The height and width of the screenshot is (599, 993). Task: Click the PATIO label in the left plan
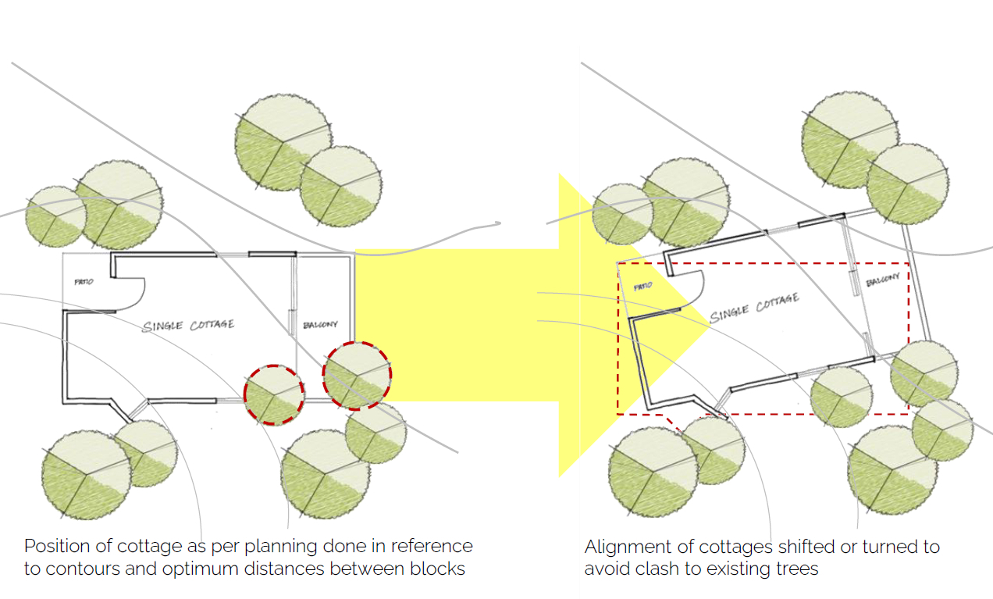(84, 282)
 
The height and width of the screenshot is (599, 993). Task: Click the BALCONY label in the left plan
(320, 325)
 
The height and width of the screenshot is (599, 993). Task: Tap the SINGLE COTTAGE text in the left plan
(188, 325)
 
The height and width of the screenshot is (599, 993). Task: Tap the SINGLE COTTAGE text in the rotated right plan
(754, 308)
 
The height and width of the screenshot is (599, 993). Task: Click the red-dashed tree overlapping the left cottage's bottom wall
(274, 394)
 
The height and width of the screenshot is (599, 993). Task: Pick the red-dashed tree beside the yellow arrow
(358, 375)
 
